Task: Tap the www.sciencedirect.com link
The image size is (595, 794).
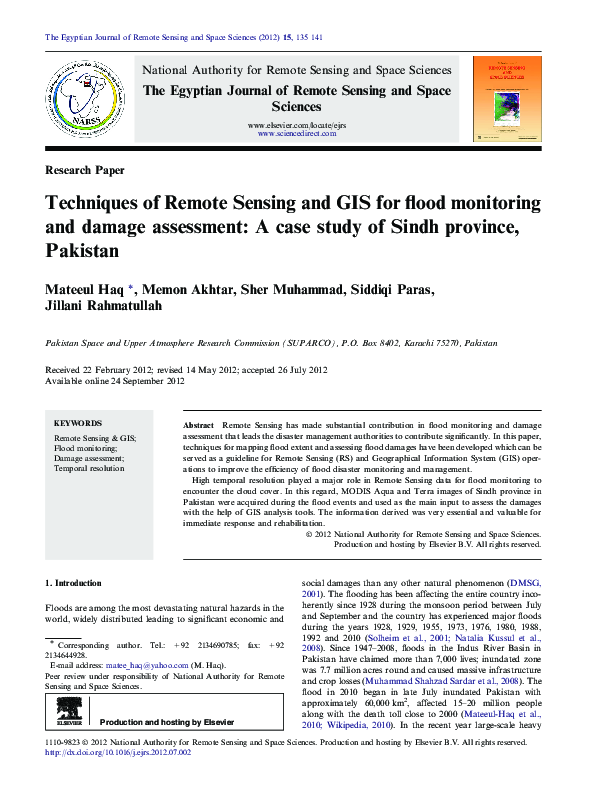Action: (x=297, y=133)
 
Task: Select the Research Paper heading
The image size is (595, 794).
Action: (x=85, y=170)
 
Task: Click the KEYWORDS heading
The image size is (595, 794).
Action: (x=78, y=424)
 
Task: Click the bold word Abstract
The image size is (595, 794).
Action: (x=198, y=426)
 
